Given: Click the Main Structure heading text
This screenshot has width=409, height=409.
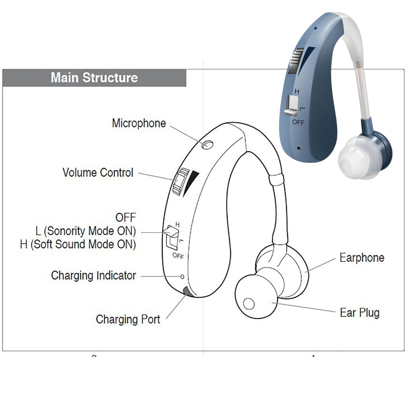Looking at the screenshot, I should [94, 78].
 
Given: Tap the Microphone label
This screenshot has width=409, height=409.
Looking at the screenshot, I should [139, 123].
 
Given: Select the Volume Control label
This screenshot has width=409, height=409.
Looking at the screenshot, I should [98, 173].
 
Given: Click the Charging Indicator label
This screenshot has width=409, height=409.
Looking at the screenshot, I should [93, 276].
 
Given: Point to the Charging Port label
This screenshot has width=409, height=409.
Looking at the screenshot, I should [128, 319].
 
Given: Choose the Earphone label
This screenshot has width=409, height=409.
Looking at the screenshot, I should [362, 258].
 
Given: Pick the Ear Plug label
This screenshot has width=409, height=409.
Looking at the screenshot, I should [359, 313].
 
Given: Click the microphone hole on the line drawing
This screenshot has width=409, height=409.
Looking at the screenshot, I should [207, 145].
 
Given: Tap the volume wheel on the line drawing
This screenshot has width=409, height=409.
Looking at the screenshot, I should [180, 181].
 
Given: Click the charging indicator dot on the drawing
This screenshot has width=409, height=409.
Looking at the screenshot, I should [182, 277].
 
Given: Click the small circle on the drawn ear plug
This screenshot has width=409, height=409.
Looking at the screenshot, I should [249, 304].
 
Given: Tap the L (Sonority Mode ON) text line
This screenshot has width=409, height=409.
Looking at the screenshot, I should [86, 231].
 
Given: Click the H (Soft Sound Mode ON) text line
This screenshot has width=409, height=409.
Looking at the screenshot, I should [78, 244].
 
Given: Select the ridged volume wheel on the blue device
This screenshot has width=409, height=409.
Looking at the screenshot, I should [296, 60].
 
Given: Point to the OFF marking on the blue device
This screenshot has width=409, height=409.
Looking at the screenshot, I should [298, 122].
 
